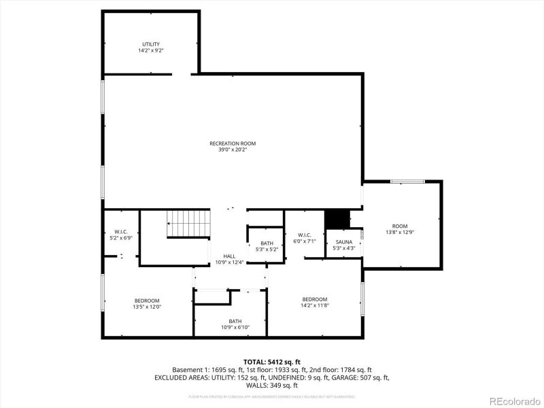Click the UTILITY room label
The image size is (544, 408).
[150, 44]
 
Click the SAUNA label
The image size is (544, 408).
[343, 241]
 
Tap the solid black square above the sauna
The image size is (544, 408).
[337, 220]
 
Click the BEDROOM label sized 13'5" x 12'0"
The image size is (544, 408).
[147, 301]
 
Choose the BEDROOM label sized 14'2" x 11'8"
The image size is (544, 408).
[315, 299]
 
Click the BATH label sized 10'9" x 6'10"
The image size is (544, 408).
[235, 321]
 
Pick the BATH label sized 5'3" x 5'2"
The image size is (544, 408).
[267, 243]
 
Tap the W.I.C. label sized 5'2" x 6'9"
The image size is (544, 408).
[121, 231]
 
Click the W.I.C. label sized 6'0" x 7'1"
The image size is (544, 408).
[304, 235]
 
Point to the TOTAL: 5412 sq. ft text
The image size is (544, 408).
[271, 361]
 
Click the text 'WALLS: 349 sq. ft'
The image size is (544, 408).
[271, 385]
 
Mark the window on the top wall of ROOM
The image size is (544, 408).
[408, 182]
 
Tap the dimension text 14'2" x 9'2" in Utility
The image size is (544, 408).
[150, 50]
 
